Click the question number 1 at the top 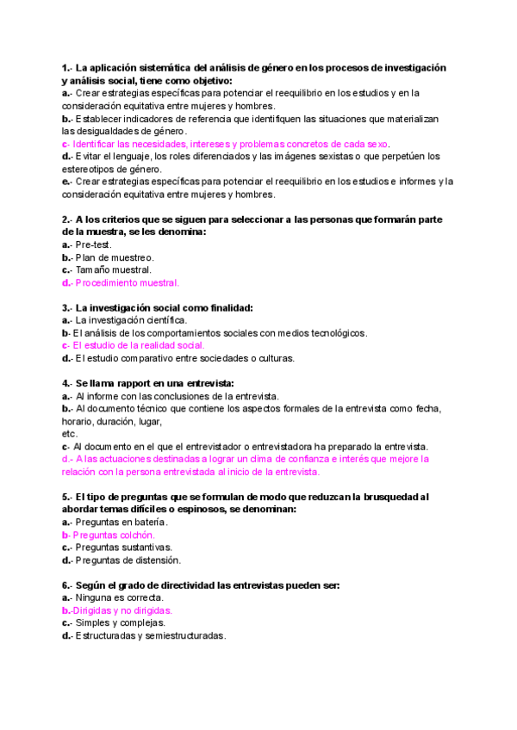click(65, 68)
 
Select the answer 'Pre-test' click(94, 244)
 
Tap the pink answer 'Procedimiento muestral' click(127, 282)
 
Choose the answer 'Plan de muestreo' click(115, 257)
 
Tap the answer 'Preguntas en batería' click(121, 522)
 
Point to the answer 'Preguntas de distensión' click(128, 560)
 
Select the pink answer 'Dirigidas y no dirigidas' click(121, 610)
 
